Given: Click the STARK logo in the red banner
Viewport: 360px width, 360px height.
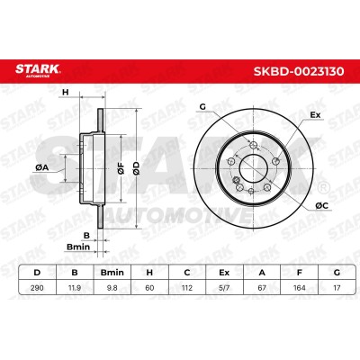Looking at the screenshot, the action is pyautogui.click(x=38, y=70).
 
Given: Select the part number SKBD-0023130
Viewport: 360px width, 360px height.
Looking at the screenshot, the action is pyautogui.click(x=299, y=71).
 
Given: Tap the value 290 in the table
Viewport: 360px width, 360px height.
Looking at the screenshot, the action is pyautogui.click(x=37, y=288).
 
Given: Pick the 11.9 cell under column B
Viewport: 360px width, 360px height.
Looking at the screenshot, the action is pyautogui.click(x=75, y=288).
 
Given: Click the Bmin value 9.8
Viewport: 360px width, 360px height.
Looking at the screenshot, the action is pyautogui.click(x=112, y=288).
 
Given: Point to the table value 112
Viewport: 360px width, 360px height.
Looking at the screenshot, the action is pyautogui.click(x=187, y=288).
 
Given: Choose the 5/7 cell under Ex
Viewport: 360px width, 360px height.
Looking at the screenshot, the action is pyautogui.click(x=224, y=288).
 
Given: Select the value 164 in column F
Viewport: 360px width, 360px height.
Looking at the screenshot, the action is pyautogui.click(x=300, y=288).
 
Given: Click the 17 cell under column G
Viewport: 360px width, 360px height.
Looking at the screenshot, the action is pyautogui.click(x=337, y=288).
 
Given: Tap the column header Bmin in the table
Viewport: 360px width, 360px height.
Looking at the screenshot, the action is pyautogui.click(x=112, y=273).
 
